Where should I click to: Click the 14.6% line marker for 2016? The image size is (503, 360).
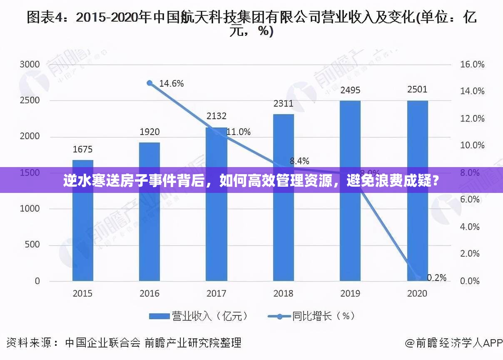pos(150,83)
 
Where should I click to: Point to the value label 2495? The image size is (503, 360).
pos(350,90)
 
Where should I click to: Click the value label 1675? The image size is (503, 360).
pos(83,149)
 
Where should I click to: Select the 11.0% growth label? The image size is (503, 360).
pos(239,132)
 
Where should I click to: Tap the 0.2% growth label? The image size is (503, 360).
pos(436,277)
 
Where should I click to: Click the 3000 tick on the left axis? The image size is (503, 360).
pos(30,65)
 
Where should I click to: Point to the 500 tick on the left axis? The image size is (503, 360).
pos(32,245)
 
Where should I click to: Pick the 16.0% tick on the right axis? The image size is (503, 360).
pos(472,65)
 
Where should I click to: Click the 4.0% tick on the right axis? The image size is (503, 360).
pos(470,227)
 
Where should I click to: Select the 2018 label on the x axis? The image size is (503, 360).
pos(284,293)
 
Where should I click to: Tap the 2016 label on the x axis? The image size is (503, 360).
pos(149,293)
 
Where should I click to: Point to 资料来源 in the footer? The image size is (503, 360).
pos(29,343)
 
